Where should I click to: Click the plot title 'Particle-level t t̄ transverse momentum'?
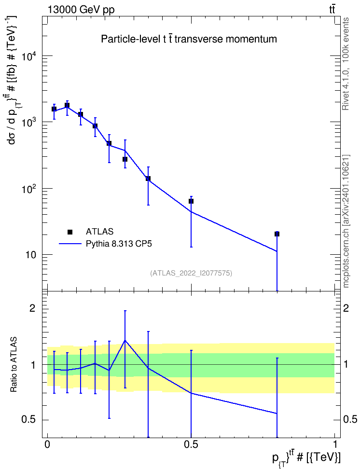click(x=189, y=39)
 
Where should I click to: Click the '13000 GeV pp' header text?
click(x=81, y=10)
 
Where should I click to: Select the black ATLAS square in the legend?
click(x=70, y=232)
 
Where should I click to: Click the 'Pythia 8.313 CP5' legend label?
click(x=119, y=244)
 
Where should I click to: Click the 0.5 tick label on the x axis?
click(x=191, y=445)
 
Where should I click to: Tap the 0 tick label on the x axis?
click(x=47, y=445)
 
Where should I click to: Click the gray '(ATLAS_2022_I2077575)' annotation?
click(x=191, y=273)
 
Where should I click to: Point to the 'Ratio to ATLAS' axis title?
click(x=14, y=365)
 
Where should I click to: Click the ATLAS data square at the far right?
click(x=277, y=234)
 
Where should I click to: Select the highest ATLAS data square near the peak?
click(x=67, y=105)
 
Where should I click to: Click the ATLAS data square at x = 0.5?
click(x=191, y=201)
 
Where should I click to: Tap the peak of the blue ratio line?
click(x=125, y=340)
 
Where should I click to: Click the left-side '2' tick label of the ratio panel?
click(x=32, y=308)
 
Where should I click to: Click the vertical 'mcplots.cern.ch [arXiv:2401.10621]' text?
click(x=346, y=221)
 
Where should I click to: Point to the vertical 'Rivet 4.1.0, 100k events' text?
click(x=346, y=64)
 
